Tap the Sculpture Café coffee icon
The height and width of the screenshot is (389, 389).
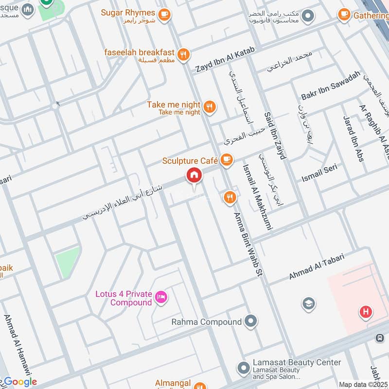click(x=226, y=159)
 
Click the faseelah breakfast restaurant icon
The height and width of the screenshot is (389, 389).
click(x=183, y=55)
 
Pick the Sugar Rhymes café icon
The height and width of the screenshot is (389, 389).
click(x=164, y=14)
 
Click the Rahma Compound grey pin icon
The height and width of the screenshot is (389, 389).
click(x=250, y=321)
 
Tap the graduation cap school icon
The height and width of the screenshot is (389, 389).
click(x=307, y=304)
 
